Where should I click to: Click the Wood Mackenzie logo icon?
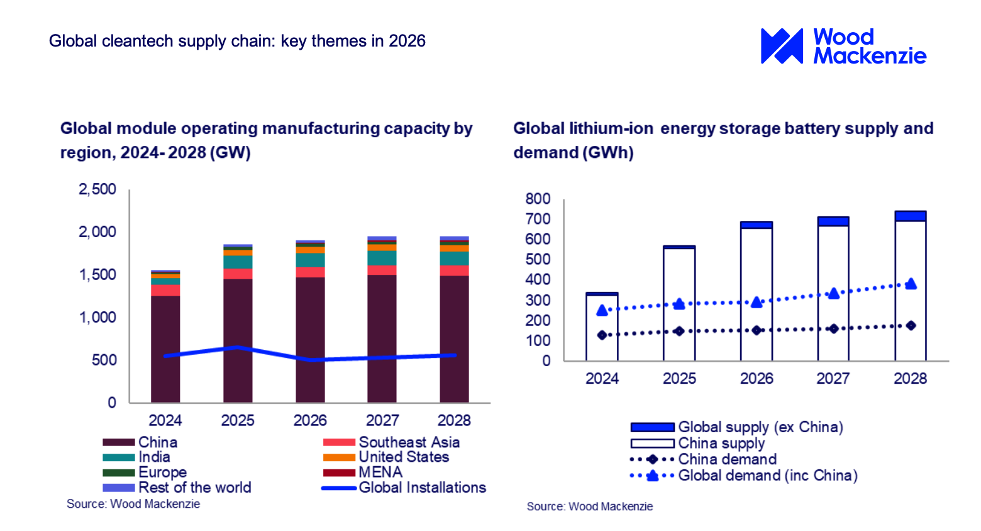[782, 46]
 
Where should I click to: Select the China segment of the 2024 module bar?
[165, 349]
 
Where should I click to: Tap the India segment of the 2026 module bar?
[310, 260]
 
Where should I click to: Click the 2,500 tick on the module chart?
[97, 189]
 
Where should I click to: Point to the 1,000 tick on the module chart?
[97, 317]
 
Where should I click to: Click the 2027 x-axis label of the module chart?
[382, 420]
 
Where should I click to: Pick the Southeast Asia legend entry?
[391, 442]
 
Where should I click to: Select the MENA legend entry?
[362, 472]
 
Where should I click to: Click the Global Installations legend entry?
[404, 488]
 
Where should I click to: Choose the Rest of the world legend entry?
[177, 488]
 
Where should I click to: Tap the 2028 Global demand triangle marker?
[911, 284]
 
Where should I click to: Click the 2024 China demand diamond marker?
[602, 335]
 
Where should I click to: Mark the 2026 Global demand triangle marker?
[757, 302]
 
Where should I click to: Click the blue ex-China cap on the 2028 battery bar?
[911, 216]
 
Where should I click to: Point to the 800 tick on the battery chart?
[538, 199]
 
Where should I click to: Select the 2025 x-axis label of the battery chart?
[679, 378]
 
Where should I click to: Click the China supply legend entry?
[697, 444]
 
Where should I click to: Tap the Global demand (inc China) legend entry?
[744, 476]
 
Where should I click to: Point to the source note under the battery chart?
[589, 506]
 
